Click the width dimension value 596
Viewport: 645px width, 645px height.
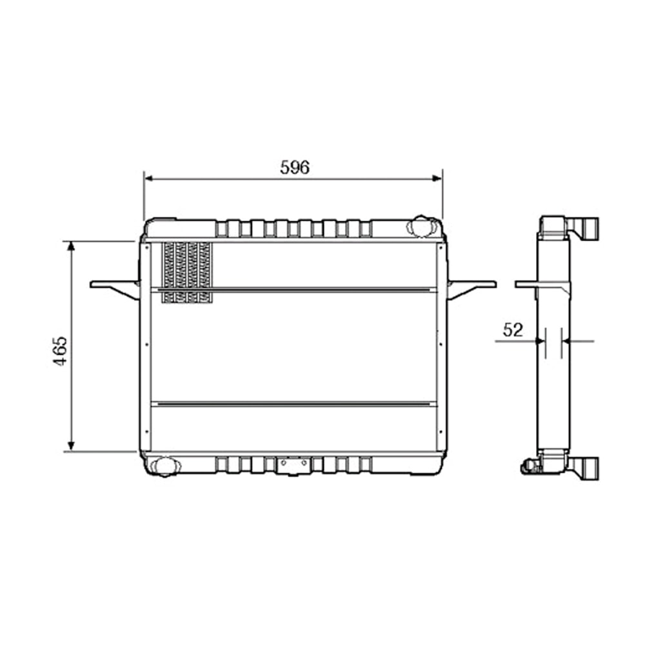[x=295, y=168]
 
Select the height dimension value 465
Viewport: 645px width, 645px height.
[x=60, y=350]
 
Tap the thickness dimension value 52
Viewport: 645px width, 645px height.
[x=512, y=330]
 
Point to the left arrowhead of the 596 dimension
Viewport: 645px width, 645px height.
[x=148, y=179]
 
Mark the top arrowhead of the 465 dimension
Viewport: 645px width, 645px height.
[x=71, y=246]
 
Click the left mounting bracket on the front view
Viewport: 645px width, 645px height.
[x=116, y=287]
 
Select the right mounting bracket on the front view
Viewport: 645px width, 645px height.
[x=471, y=287]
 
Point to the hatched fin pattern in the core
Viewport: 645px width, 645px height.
[x=186, y=272]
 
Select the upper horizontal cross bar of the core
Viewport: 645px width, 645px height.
[x=293, y=290]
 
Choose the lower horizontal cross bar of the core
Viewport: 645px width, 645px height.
[x=293, y=404]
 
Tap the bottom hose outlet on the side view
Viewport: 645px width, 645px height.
[x=588, y=467]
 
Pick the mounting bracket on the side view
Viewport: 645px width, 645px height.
[x=542, y=285]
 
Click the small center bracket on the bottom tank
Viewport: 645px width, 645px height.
[x=293, y=464]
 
